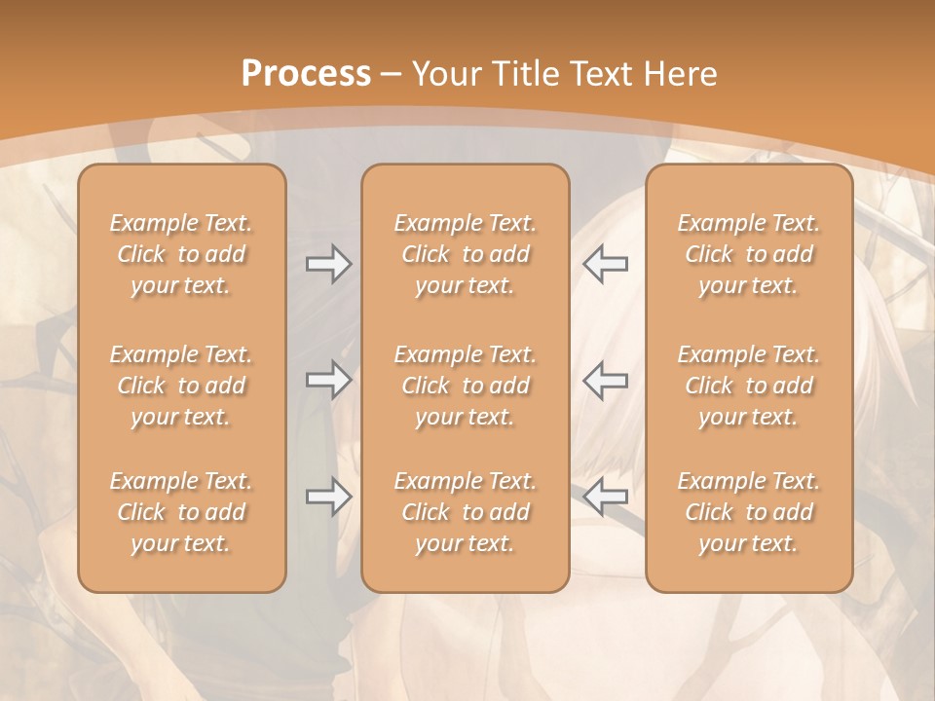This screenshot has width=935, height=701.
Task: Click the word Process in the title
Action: click(306, 73)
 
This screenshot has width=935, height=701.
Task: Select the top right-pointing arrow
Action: click(328, 263)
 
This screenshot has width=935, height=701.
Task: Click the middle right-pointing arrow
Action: click(328, 379)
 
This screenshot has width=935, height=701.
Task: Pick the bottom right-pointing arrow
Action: click(328, 498)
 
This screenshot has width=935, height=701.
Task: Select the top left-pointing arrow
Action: click(605, 263)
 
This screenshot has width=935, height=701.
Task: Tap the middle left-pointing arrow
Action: click(605, 379)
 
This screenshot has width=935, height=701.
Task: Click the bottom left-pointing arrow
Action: click(605, 498)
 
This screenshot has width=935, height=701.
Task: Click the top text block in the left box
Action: click(181, 254)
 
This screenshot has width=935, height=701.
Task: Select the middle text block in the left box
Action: click(181, 386)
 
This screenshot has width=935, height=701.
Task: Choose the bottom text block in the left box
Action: click(181, 512)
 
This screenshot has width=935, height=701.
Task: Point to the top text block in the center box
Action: click(466, 254)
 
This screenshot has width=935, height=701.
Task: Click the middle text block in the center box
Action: click(466, 386)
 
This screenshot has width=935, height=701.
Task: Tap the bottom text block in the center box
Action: click(466, 512)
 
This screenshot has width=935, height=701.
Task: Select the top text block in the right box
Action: click(749, 254)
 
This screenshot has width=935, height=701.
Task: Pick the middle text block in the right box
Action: click(749, 386)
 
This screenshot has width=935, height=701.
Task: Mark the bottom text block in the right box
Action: click(749, 512)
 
